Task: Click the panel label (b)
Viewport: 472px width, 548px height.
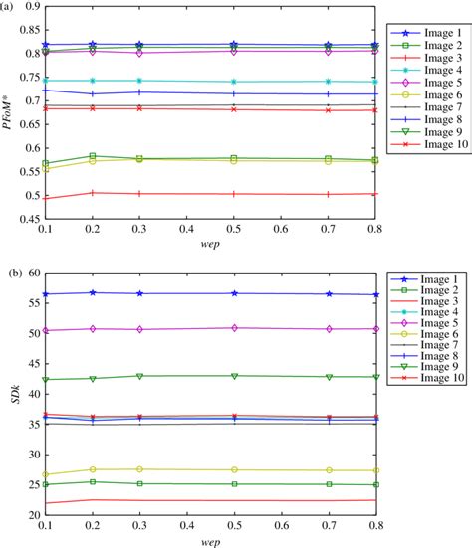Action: pos(9,270)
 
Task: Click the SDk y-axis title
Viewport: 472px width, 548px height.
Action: pos(11,394)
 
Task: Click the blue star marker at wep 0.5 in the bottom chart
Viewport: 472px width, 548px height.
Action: pos(233,293)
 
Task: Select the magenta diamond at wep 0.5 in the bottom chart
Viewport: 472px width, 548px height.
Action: pos(233,327)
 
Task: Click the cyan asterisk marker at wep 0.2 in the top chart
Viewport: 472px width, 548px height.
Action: pos(92,81)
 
